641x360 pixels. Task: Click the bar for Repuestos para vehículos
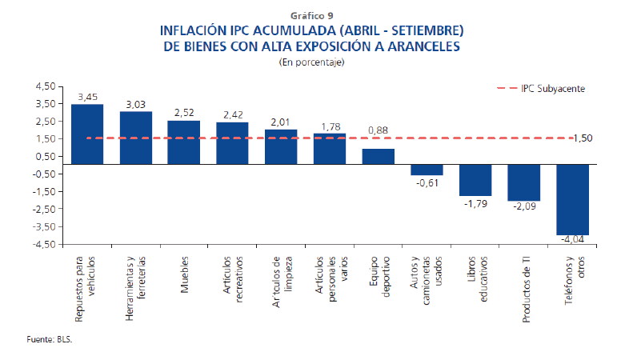point(87,134)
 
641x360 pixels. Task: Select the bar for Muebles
point(184,142)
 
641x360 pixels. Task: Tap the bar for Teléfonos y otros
point(572,199)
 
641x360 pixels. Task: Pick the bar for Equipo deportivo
point(378,156)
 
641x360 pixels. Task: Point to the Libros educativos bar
point(475,179)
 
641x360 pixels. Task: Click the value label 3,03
point(136,104)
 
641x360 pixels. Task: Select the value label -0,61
point(427,183)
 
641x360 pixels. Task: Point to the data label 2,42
point(233,114)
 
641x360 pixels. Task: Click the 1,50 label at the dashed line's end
point(605,138)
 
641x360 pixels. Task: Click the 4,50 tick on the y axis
point(43,86)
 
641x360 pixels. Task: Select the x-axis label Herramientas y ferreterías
point(136,289)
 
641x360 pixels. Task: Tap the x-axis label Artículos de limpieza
point(282,279)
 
